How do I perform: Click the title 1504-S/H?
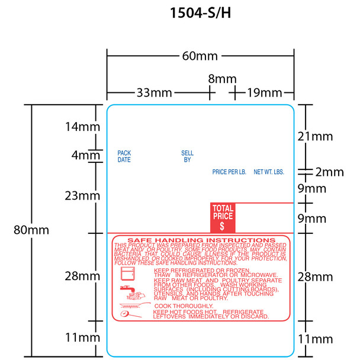pos(179,14)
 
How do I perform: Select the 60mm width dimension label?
pos(200,56)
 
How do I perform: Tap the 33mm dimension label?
pos(154,92)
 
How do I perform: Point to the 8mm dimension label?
pos(222,79)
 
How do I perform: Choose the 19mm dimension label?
pos(263,92)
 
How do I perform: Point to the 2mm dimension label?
pos(329,172)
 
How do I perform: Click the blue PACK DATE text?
pos(124,156)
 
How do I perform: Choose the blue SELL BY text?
pos(187,156)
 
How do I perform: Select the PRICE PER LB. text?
pos(229,172)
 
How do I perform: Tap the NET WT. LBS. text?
pos(269,172)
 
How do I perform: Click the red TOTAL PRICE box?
pos(222,217)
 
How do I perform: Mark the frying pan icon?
pos(131,309)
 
